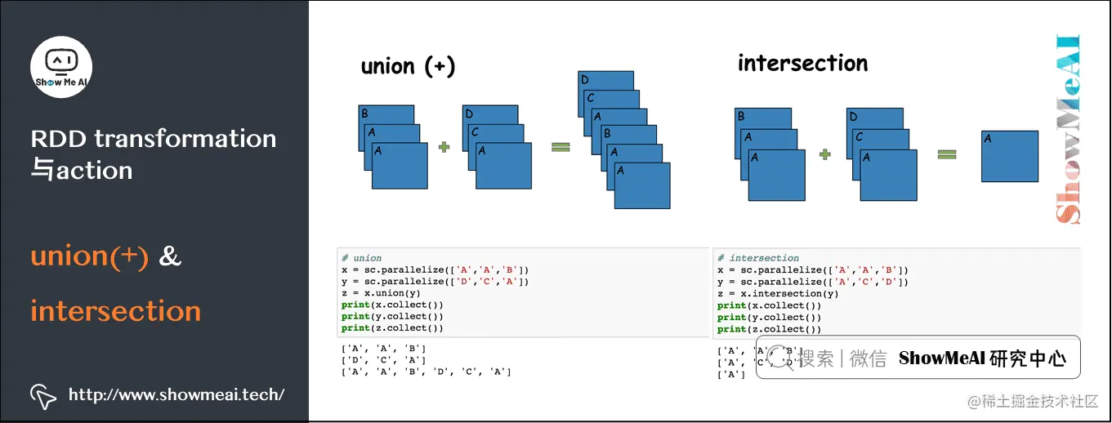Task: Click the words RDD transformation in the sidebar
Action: coord(154,139)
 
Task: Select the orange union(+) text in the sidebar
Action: coord(90,256)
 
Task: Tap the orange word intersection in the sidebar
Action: coord(115,311)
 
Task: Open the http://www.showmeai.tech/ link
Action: coord(176,395)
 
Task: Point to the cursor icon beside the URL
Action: coord(43,396)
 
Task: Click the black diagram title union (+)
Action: coord(408,66)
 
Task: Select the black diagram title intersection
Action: coord(802,63)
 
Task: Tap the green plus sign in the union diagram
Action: coord(444,148)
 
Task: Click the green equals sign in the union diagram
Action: coord(560,148)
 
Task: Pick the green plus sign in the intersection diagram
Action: coord(824,153)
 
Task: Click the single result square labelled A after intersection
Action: coord(1010,156)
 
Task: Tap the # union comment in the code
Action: coord(362,258)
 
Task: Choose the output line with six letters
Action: coord(426,372)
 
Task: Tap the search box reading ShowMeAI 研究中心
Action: coord(918,358)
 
